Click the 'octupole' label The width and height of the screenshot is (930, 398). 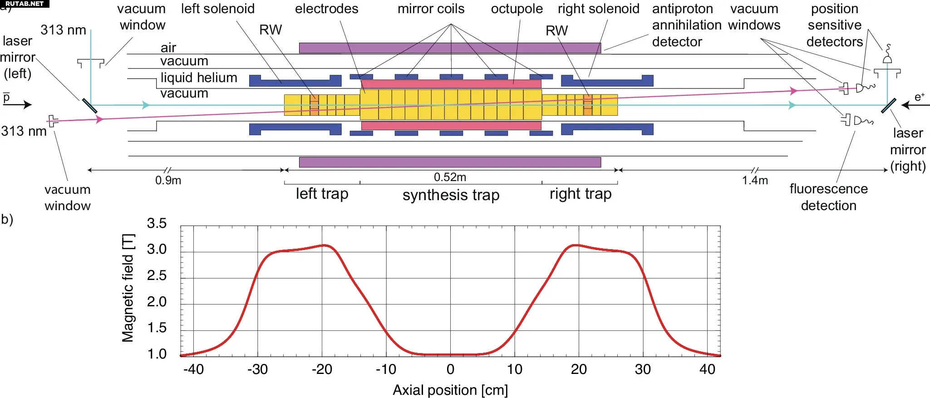pyautogui.click(x=517, y=9)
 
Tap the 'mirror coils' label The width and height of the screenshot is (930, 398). pyautogui.click(x=431, y=9)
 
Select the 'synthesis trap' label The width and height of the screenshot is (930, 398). pyautogui.click(x=451, y=195)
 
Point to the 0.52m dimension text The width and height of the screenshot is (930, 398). pyautogui.click(x=450, y=177)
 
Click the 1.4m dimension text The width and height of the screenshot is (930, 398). pyautogui.click(x=755, y=180)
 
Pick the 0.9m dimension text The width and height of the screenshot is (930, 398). pyautogui.click(x=168, y=180)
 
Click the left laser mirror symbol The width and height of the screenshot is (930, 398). pyautogui.click(x=89, y=106)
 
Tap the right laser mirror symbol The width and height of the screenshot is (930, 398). pyautogui.click(x=888, y=106)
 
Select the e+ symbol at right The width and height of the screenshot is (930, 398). pyautogui.click(x=919, y=97)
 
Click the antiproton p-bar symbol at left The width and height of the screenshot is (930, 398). pyautogui.click(x=6, y=97)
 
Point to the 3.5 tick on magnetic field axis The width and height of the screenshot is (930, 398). pyautogui.click(x=157, y=223)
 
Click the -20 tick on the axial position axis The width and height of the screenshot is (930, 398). pyautogui.click(x=322, y=369)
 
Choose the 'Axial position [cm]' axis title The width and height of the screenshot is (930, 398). pyautogui.click(x=450, y=390)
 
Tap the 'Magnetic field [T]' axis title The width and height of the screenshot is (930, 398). pyautogui.click(x=128, y=288)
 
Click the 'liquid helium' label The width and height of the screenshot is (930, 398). pyautogui.click(x=198, y=78)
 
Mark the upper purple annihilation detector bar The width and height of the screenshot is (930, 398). pyautogui.click(x=450, y=48)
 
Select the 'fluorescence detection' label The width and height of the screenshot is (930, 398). pyautogui.click(x=828, y=197)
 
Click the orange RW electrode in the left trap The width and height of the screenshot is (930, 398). pyautogui.click(x=314, y=105)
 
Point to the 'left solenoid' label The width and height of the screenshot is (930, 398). pyautogui.click(x=218, y=9)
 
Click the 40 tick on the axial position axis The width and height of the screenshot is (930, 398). pyautogui.click(x=707, y=369)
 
